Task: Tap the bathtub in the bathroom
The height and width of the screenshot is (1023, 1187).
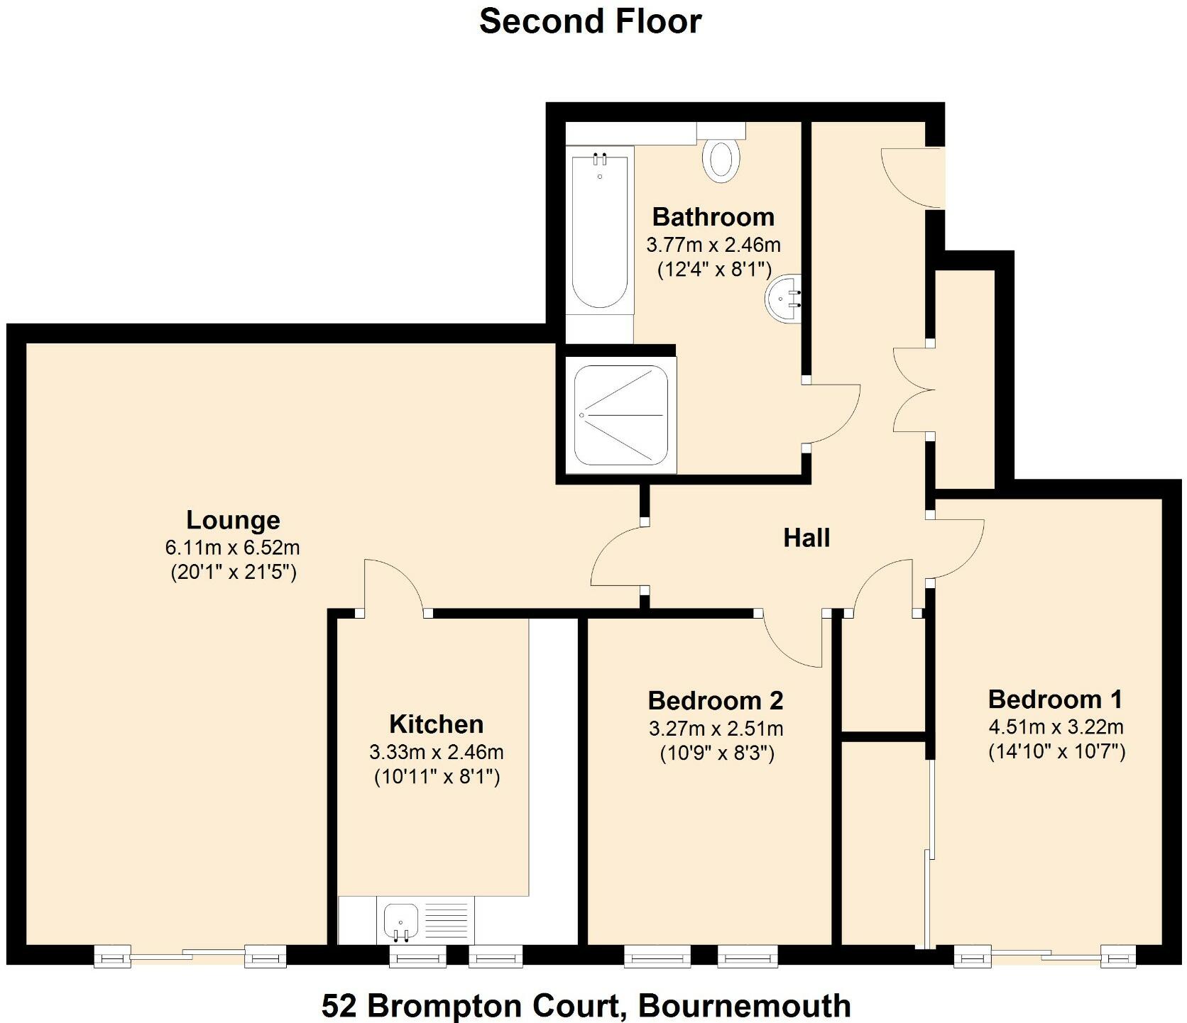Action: click(x=600, y=231)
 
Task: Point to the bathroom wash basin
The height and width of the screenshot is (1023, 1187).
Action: click(x=785, y=299)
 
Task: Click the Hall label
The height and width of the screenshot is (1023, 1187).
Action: click(x=806, y=538)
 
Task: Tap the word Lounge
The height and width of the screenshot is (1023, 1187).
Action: click(x=233, y=520)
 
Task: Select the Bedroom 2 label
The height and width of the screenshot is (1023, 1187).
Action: click(x=716, y=701)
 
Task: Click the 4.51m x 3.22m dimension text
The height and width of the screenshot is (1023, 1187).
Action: click(x=1056, y=726)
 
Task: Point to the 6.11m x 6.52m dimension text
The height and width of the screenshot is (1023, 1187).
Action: click(x=233, y=548)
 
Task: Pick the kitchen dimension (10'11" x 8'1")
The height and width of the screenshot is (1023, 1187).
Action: click(x=437, y=777)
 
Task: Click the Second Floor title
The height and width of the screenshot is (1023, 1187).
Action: click(x=590, y=21)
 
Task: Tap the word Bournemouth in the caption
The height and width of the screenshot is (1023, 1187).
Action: click(x=744, y=1005)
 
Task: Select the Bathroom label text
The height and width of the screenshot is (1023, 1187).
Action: click(x=713, y=216)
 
